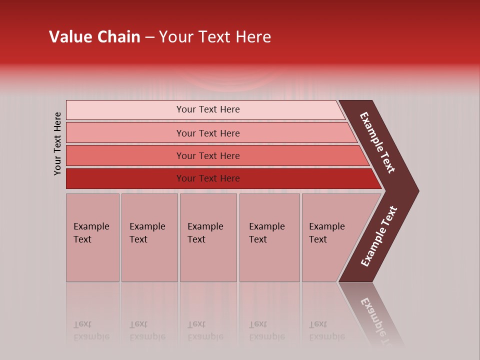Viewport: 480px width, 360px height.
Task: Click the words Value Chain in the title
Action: pyautogui.click(x=94, y=37)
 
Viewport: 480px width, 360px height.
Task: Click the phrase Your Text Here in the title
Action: pyautogui.click(x=215, y=37)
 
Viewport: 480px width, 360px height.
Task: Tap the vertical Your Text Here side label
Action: pyautogui.click(x=58, y=143)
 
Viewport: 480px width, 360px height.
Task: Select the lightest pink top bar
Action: pyautogui.click(x=125, y=110)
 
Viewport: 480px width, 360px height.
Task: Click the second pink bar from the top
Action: pyautogui.click(x=125, y=133)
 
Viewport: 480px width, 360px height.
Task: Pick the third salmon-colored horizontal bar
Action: pyautogui.click(x=125, y=156)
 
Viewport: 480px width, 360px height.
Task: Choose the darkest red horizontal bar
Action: pyautogui.click(x=125, y=178)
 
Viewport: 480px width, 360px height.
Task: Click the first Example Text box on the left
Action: pyautogui.click(x=92, y=237)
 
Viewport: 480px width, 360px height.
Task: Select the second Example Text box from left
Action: pyautogui.click(x=149, y=237)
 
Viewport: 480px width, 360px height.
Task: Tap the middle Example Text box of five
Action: pyautogui.click(x=208, y=237)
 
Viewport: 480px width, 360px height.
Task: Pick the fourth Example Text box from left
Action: pyautogui.click(x=269, y=237)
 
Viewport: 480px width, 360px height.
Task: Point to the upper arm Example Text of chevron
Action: pyautogui.click(x=377, y=142)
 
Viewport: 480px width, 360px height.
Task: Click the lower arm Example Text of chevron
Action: pyautogui.click(x=379, y=236)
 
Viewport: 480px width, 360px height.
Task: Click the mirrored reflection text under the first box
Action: pyautogui.click(x=91, y=330)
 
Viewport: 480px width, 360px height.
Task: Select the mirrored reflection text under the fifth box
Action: pyautogui.click(x=326, y=330)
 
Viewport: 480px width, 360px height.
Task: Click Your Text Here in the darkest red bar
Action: pyautogui.click(x=208, y=178)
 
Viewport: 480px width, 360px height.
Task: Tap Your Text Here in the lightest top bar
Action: pyautogui.click(x=208, y=109)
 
